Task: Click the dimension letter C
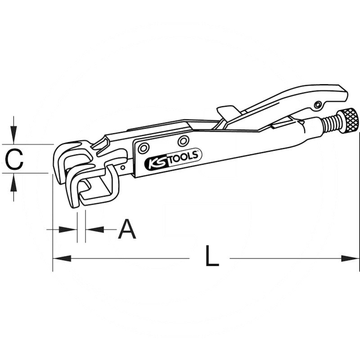pos(14,159)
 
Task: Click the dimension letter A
pos(127,229)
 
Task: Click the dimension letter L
pos(211,256)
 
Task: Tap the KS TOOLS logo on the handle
pos(173,159)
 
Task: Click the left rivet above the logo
pos(144,148)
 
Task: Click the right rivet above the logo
pos(183,141)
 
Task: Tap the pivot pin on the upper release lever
pos(318,105)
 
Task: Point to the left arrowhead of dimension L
pos(62,258)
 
